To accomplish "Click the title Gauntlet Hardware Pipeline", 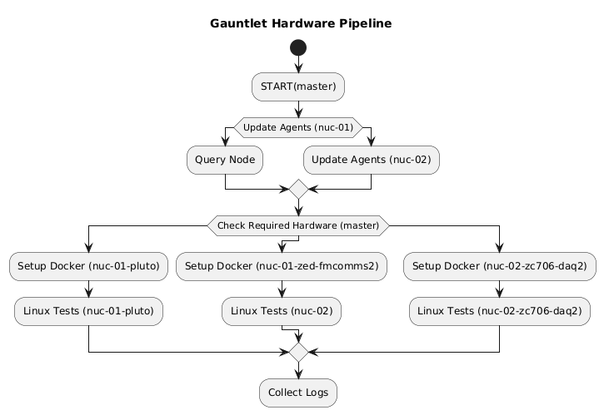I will [x=301, y=23].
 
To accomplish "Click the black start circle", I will [x=298, y=48].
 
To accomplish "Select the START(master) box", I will [x=298, y=86].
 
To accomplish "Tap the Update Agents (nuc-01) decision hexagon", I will [x=298, y=128].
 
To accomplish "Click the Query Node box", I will [x=225, y=159].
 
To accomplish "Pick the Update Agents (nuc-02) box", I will [x=371, y=159].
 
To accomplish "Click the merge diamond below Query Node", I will [x=298, y=190].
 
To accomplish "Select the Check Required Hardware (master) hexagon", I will [x=298, y=224].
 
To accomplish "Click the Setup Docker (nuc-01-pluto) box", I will [x=88, y=266].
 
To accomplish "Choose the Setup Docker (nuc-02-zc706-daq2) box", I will [x=500, y=266].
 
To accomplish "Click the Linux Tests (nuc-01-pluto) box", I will [x=88, y=310].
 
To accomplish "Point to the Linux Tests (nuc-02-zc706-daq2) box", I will [x=500, y=310].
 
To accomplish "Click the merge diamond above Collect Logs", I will [x=298, y=352].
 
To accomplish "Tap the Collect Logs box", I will [x=298, y=392].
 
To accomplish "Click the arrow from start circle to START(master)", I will [x=298, y=65].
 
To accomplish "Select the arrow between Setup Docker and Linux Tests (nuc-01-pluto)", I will [x=88, y=289].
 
